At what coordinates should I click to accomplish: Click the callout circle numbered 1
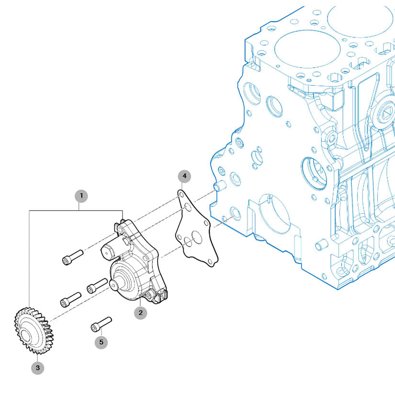point(81,196)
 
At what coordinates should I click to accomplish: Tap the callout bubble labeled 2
point(140,313)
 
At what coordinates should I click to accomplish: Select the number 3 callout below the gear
point(37,368)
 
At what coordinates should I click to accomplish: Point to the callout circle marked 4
point(184,176)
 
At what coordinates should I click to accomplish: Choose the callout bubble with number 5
point(102,342)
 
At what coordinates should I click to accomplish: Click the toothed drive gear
point(34,330)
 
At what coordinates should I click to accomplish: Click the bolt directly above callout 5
point(101,324)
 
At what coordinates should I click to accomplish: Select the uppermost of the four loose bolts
point(73,257)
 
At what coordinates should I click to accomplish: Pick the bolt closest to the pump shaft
point(97,286)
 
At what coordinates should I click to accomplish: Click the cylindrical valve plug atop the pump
point(111,248)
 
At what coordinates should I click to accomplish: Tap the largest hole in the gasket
point(197,237)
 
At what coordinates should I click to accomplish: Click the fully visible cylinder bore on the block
point(307,49)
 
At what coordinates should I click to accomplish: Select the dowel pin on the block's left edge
point(220,186)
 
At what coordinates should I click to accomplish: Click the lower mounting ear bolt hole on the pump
point(148,295)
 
